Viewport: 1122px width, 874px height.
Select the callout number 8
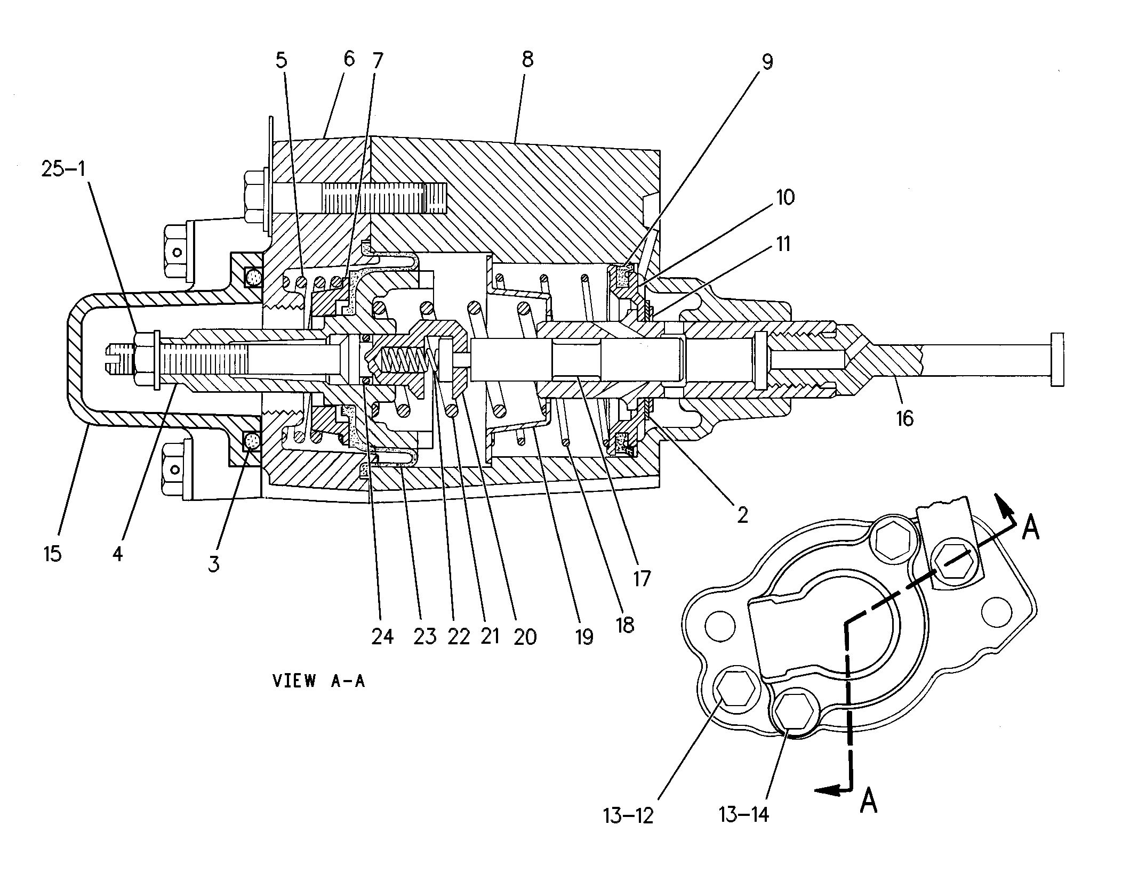[x=527, y=59]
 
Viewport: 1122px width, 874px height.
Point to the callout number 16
[x=905, y=418]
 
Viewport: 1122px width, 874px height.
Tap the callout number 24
[x=382, y=636]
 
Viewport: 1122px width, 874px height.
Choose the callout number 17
[x=642, y=578]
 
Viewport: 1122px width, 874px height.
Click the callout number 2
[x=742, y=515]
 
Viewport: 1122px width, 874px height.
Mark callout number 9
[x=766, y=62]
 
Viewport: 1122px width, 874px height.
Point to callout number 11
[x=783, y=244]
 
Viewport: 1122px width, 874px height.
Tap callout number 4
[x=118, y=554]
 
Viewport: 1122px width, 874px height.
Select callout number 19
[x=584, y=636]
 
